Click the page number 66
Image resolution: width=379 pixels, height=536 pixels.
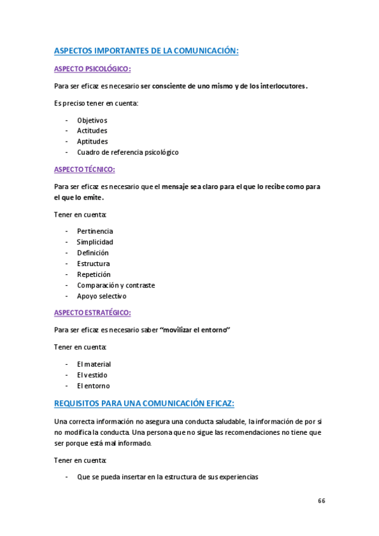coord(321,501)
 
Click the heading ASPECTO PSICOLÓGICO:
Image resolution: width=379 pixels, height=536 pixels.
coord(92,70)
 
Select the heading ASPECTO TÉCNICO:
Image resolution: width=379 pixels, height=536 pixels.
coord(84,169)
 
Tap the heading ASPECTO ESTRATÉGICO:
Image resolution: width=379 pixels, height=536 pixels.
coord(92,312)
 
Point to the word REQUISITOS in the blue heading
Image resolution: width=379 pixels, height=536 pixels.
coord(80,403)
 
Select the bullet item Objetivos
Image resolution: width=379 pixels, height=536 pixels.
coord(92,120)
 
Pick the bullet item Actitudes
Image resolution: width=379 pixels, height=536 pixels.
coord(92,131)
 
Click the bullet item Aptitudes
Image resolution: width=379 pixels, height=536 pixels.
coord(92,142)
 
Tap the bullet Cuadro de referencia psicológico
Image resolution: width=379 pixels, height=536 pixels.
coord(128,152)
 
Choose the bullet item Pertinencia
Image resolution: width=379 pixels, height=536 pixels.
coord(95,231)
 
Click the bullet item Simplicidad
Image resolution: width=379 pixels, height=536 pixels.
coord(95,242)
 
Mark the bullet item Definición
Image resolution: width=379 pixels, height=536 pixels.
coord(93,253)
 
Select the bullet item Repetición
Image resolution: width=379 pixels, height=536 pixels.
coord(94,274)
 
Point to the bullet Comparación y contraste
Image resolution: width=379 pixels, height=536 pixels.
coord(116,285)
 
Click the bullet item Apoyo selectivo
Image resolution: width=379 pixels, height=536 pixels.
coord(102,296)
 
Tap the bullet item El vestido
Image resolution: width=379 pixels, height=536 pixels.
coord(92,375)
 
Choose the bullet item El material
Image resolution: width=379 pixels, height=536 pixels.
coord(94,364)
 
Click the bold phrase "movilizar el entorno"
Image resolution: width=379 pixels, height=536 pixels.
coord(196,330)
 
